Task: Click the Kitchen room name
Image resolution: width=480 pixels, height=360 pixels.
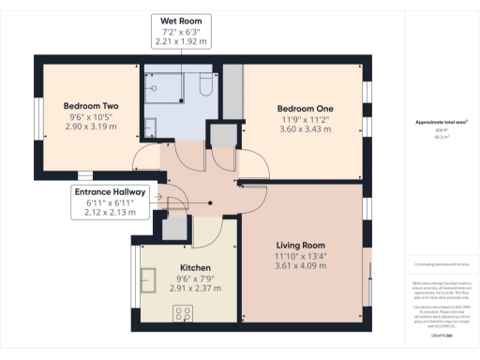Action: (195, 267)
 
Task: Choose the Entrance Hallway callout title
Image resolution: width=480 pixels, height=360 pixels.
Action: (111, 192)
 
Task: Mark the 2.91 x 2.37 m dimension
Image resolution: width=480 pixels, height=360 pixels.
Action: (195, 288)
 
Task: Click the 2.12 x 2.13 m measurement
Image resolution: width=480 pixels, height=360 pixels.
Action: (111, 213)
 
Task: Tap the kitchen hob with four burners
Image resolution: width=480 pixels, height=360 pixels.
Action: (183, 314)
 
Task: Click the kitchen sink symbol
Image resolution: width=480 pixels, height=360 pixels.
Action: (148, 278)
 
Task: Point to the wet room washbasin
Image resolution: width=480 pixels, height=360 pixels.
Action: (152, 124)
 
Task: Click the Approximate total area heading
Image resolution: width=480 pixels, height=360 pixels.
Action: (441, 122)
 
